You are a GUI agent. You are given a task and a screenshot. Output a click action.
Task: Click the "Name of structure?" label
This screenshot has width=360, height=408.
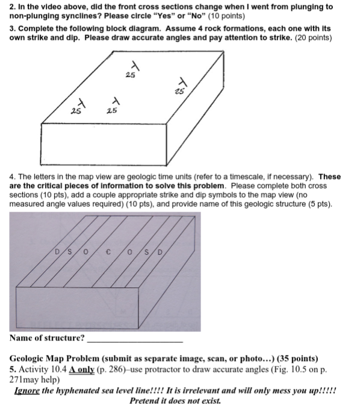point(47,337)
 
